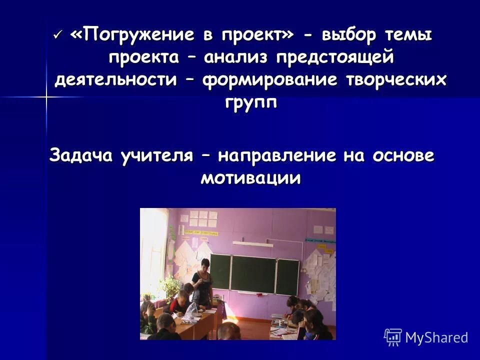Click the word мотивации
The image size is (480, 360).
tap(250, 178)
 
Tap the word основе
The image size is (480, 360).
tap(402, 155)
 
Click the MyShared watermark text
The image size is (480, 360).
tap(436, 337)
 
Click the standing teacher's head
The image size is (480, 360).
tap(204, 264)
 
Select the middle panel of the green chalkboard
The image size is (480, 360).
tap(253, 274)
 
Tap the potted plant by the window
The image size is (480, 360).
tap(170, 287)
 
